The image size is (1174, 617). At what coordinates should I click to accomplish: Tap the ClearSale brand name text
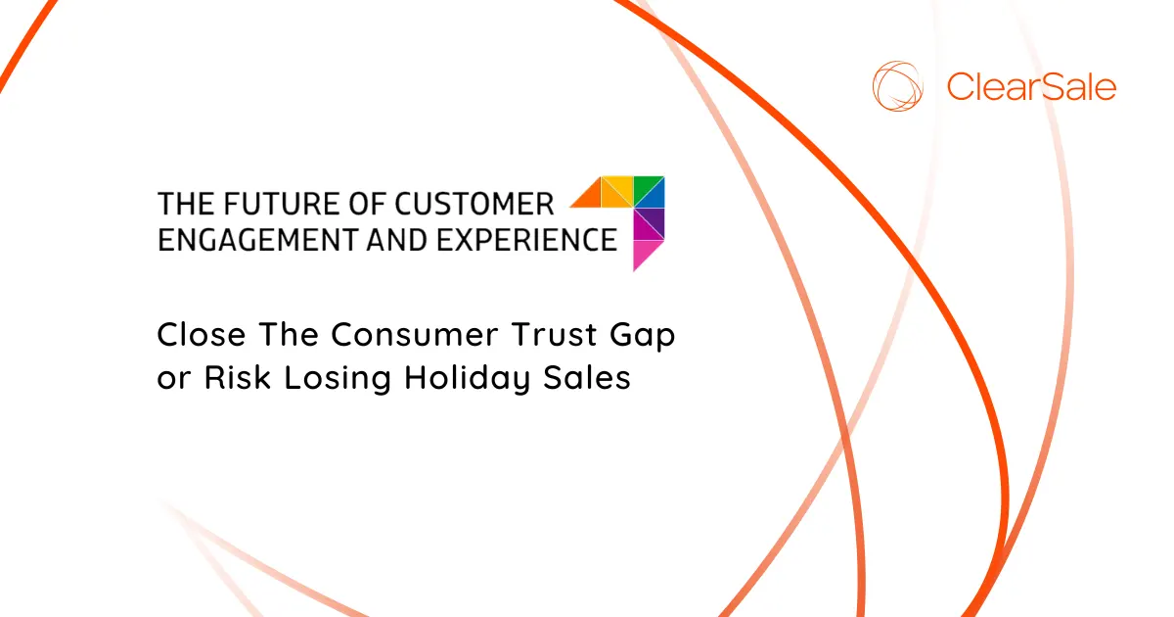point(1031,87)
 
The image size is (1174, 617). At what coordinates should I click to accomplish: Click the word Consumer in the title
point(417,335)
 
